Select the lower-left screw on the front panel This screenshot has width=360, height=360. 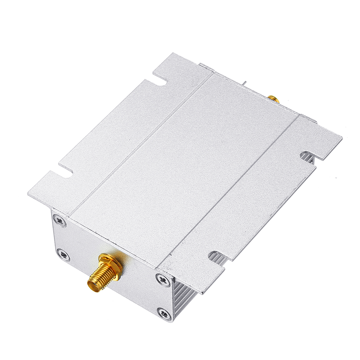[x=63, y=254]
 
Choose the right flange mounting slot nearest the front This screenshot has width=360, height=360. [x=218, y=255]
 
